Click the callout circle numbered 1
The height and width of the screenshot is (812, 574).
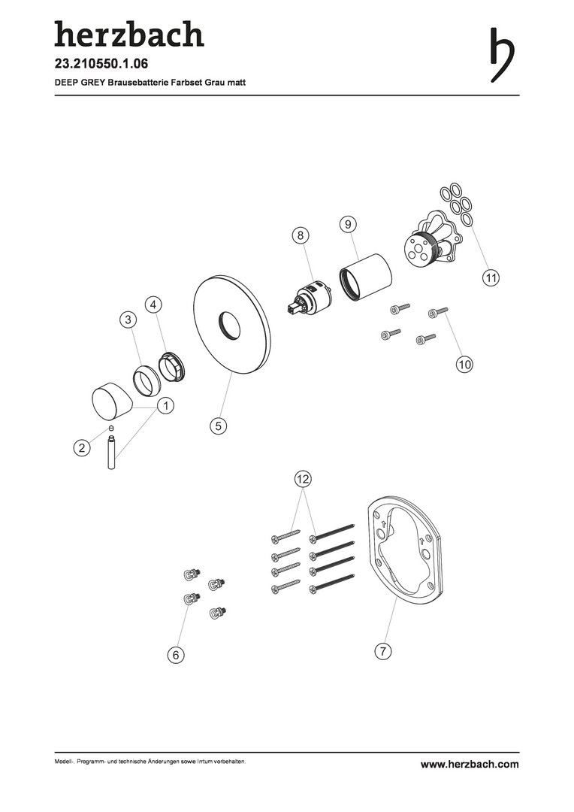pos(165,406)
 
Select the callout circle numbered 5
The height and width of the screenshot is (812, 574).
pos(219,426)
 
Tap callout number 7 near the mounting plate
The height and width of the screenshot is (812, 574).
pos(382,650)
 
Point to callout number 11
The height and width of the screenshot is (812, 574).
pos(491,277)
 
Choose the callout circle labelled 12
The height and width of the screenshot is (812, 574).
pos(303,479)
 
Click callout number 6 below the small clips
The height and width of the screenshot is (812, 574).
pos(176,655)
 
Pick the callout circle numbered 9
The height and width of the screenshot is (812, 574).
pos(349,224)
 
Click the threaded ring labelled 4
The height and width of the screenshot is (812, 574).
pos(171,367)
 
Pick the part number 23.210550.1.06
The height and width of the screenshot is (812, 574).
pos(101,64)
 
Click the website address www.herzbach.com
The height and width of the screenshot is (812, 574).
pos(470,764)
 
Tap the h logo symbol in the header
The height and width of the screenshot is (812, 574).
pos(502,54)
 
